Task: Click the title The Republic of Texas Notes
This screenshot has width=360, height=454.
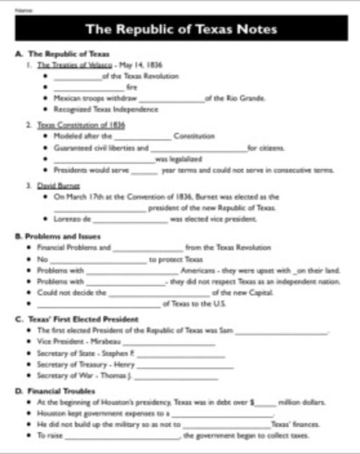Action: [x=181, y=30]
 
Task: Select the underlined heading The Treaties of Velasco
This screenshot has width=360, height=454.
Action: [x=65, y=65]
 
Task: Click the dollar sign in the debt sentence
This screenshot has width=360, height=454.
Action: [x=252, y=401]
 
